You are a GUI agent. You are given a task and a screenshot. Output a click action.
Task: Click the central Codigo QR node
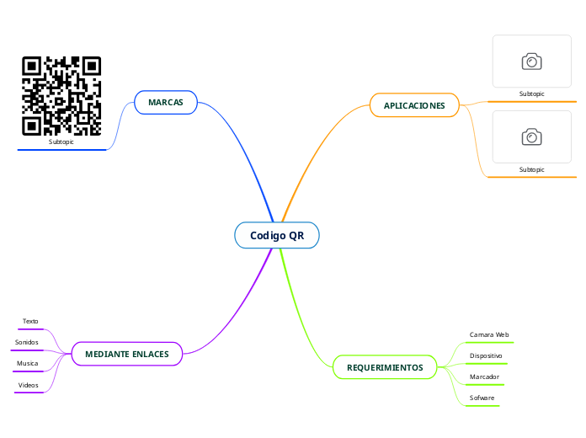[x=277, y=235]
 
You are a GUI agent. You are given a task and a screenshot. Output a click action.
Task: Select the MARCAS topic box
[x=166, y=102]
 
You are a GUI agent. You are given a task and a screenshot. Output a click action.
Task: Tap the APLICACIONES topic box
[x=414, y=105]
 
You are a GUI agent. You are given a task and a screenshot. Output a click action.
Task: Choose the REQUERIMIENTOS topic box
[x=385, y=368]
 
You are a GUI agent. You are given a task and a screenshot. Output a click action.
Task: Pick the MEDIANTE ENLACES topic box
[x=127, y=354]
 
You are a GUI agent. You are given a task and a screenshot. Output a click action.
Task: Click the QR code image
[x=61, y=96]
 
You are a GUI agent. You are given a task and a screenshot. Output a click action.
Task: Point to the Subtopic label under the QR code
[x=61, y=142]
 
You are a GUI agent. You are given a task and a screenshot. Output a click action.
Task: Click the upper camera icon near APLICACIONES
[x=531, y=61]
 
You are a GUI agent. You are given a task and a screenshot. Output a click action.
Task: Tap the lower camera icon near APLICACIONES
[x=531, y=136]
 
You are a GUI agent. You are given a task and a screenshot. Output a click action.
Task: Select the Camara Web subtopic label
[x=489, y=334]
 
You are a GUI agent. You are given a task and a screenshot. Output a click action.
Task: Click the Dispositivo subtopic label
[x=486, y=356]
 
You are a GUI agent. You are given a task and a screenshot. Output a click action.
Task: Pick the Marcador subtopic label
[x=484, y=377]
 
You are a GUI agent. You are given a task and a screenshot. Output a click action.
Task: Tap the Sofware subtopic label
[x=482, y=397]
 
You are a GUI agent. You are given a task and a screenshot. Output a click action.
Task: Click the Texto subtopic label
[x=30, y=321]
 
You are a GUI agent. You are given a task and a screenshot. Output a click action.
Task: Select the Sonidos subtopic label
[x=27, y=342]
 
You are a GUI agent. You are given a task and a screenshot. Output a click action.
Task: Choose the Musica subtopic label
[x=28, y=363]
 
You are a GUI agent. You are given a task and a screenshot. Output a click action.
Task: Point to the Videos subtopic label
[x=29, y=384]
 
